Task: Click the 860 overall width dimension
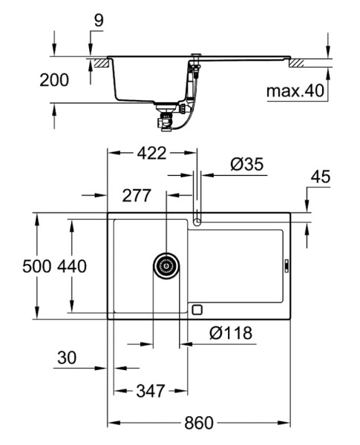(199, 423)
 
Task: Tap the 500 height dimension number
(37, 266)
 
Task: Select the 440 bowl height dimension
(72, 266)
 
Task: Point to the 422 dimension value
(151, 154)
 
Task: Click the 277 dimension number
(137, 196)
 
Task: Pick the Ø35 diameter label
(247, 165)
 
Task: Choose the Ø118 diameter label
(231, 333)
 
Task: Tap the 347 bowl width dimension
(151, 391)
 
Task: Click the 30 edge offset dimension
(67, 357)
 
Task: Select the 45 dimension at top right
(321, 177)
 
